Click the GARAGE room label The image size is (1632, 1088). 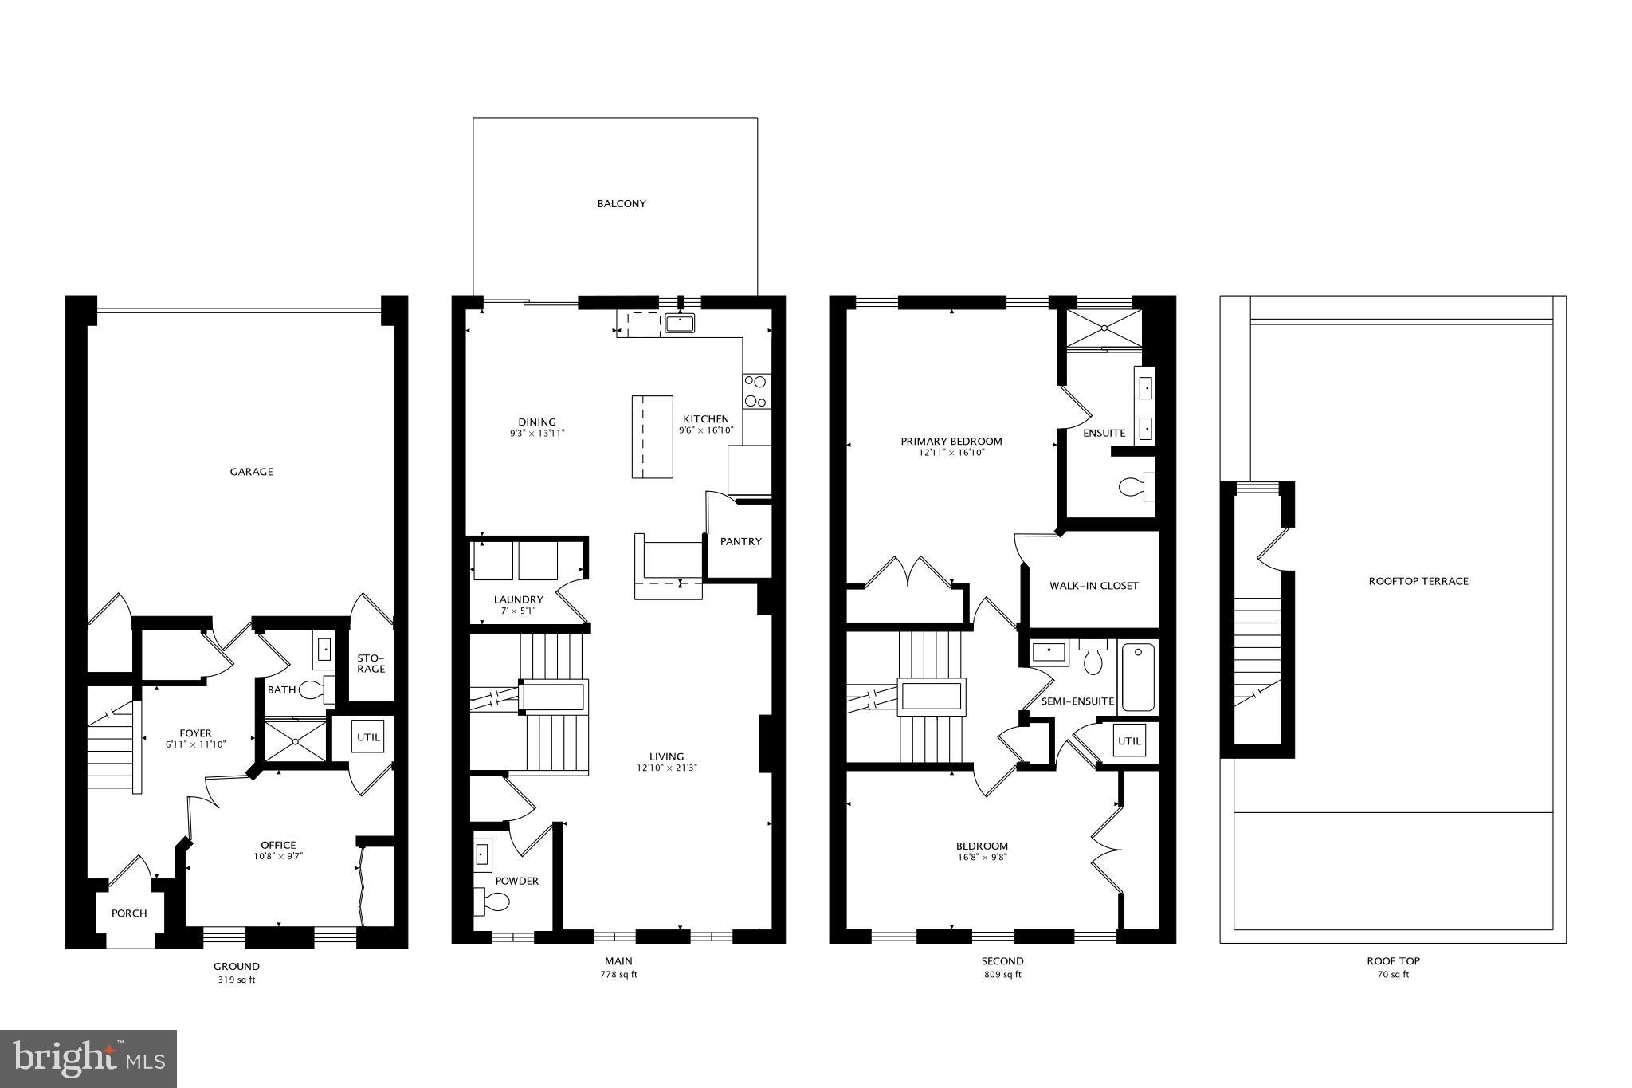[251, 472]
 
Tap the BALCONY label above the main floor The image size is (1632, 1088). [622, 204]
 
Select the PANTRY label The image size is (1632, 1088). [740, 542]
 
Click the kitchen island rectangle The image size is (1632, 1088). [652, 437]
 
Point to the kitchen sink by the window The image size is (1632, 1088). [680, 323]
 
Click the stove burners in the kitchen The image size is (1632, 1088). [756, 392]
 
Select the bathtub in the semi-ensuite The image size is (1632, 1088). [1138, 678]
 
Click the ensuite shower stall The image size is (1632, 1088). [1104, 328]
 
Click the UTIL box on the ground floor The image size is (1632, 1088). [368, 737]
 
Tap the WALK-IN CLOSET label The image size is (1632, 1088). [1093, 586]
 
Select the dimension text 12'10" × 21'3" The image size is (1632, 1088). [666, 768]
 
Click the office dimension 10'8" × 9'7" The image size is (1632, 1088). [278, 856]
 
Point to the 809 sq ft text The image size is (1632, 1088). [1002, 974]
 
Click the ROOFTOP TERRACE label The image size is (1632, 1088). [1418, 582]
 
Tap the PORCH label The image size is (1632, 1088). [129, 913]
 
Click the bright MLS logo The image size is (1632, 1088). [88, 1059]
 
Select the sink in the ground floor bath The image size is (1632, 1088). [324, 650]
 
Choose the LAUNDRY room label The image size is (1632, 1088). [518, 600]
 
